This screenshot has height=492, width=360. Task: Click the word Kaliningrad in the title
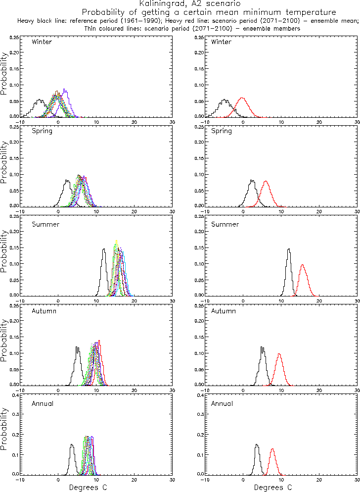pyautogui.click(x=158, y=3)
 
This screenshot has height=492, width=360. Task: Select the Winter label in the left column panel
pyautogui.click(x=42, y=42)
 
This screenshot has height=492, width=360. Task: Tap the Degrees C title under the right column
pyautogui.click(x=273, y=487)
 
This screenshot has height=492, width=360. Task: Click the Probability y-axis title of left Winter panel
pyautogui.click(x=4, y=74)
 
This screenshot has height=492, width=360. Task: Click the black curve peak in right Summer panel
pyautogui.click(x=289, y=248)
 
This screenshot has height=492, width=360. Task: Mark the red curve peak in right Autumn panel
pyautogui.click(x=279, y=353)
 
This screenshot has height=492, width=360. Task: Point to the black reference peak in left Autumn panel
pyautogui.click(x=77, y=347)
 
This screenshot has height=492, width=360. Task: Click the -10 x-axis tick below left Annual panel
pyautogui.click(x=20, y=480)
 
